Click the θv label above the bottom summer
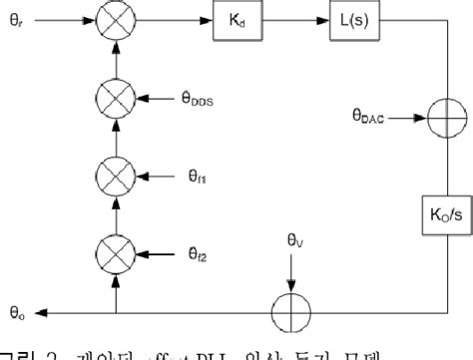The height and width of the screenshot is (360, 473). pos(291,239)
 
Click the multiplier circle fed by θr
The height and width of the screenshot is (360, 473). pos(117,21)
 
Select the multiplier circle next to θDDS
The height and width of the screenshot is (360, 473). pos(117,98)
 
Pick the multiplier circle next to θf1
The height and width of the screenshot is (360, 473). pos(117,172)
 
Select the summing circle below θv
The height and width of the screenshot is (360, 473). pos(291,311)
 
